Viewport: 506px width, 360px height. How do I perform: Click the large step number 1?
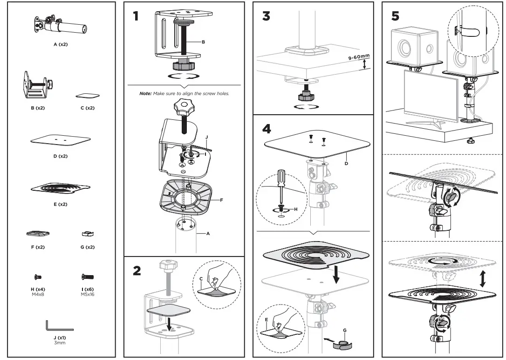(x=136, y=16)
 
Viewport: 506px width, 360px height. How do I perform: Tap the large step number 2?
(x=137, y=271)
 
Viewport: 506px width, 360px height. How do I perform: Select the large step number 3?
(x=266, y=16)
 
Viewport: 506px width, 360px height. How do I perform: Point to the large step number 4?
(x=266, y=128)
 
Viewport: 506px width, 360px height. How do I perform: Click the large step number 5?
(x=395, y=16)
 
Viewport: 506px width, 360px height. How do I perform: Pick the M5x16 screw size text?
(x=88, y=294)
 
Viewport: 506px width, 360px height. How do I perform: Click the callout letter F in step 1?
(x=222, y=200)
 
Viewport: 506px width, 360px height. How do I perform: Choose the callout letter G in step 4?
(x=344, y=330)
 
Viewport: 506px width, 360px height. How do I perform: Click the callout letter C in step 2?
(x=201, y=279)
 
